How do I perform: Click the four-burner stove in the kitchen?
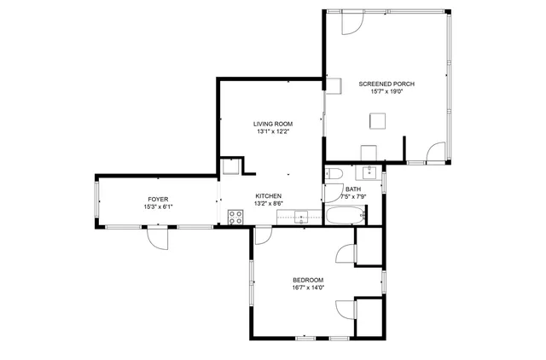235,217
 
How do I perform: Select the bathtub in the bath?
346,217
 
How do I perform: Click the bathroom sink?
371,171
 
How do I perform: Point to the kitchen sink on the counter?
300,214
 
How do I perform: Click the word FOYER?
158,199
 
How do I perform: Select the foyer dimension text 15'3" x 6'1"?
158,206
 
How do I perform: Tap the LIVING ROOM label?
273,124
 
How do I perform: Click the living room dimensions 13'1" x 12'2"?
273,131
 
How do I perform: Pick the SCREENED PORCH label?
386,84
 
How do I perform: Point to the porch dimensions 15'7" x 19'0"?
386,91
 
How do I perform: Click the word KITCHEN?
269,195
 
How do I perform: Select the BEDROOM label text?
308,280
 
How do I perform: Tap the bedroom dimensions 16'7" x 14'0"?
308,287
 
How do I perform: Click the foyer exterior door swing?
157,238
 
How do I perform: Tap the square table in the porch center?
376,121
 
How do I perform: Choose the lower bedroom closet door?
346,310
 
